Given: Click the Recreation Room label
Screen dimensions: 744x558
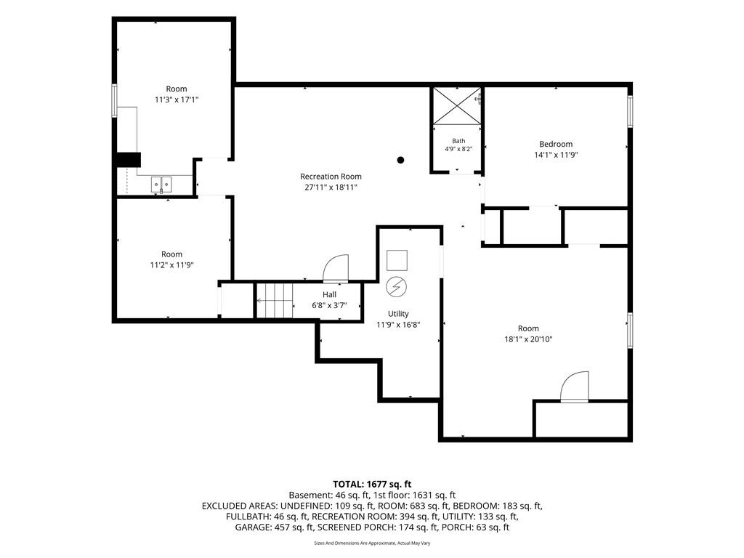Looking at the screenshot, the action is (x=331, y=177).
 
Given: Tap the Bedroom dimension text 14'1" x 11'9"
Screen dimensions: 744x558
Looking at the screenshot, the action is (x=556, y=155).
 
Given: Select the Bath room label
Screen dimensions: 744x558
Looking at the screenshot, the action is (x=458, y=141).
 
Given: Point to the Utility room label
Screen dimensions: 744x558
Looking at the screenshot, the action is (x=398, y=314).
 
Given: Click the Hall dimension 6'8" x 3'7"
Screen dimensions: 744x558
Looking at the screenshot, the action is (x=329, y=306).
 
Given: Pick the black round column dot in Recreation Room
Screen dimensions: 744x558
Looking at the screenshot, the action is (x=400, y=160).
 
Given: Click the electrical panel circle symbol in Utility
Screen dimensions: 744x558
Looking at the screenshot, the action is (x=396, y=286).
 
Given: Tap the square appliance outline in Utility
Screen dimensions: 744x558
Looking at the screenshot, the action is (x=397, y=260).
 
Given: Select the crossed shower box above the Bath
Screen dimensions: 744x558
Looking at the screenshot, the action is (x=456, y=106).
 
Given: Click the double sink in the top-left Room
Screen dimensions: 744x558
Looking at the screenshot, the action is (x=161, y=184).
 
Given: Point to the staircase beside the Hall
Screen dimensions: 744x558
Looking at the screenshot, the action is (x=275, y=301).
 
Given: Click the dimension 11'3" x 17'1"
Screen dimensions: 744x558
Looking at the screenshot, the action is (x=177, y=100).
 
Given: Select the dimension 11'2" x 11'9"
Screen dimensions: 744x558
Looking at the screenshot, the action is (x=171, y=265).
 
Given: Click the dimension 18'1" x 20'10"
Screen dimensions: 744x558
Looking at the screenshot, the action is (x=528, y=339).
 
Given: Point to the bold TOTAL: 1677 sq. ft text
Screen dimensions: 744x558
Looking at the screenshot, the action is (x=372, y=485).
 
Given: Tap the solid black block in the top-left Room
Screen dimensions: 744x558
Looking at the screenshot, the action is (x=129, y=159).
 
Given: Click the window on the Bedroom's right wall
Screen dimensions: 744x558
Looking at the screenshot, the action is (x=630, y=111).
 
